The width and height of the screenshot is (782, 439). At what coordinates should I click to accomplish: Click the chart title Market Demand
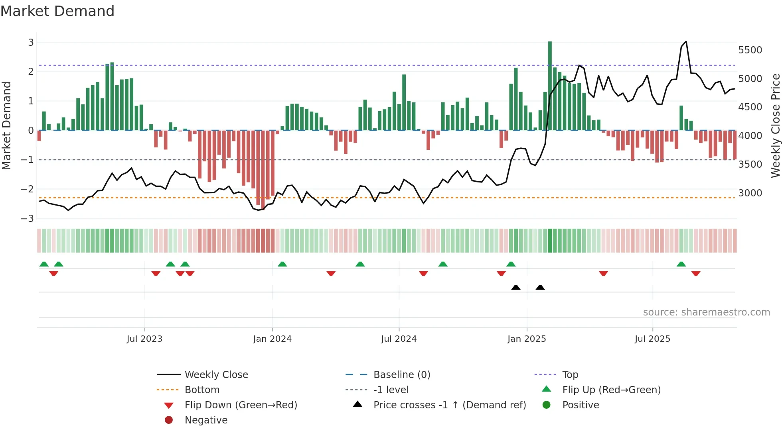tap(57, 11)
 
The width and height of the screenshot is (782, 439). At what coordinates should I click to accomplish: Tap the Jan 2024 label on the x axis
tap(272, 339)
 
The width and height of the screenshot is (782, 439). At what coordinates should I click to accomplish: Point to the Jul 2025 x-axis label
tap(652, 339)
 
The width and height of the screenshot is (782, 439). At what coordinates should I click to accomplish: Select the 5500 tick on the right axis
tap(750, 50)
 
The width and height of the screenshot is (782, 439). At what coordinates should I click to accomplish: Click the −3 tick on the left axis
tap(27, 218)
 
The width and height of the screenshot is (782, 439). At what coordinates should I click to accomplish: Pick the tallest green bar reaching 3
tap(550, 86)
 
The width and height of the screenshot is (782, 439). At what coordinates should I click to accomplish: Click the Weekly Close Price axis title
tap(775, 125)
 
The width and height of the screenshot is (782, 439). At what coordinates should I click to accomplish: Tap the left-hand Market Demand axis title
tap(7, 125)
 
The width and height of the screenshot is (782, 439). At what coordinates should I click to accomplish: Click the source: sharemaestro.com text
tap(706, 312)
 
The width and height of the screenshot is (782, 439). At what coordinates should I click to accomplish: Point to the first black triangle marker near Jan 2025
tap(516, 287)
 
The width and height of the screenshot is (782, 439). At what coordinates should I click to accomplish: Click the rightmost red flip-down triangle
tap(696, 273)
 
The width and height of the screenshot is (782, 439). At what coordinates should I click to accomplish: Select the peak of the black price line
tap(686, 42)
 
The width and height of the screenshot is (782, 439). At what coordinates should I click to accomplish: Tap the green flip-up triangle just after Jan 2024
tap(282, 264)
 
